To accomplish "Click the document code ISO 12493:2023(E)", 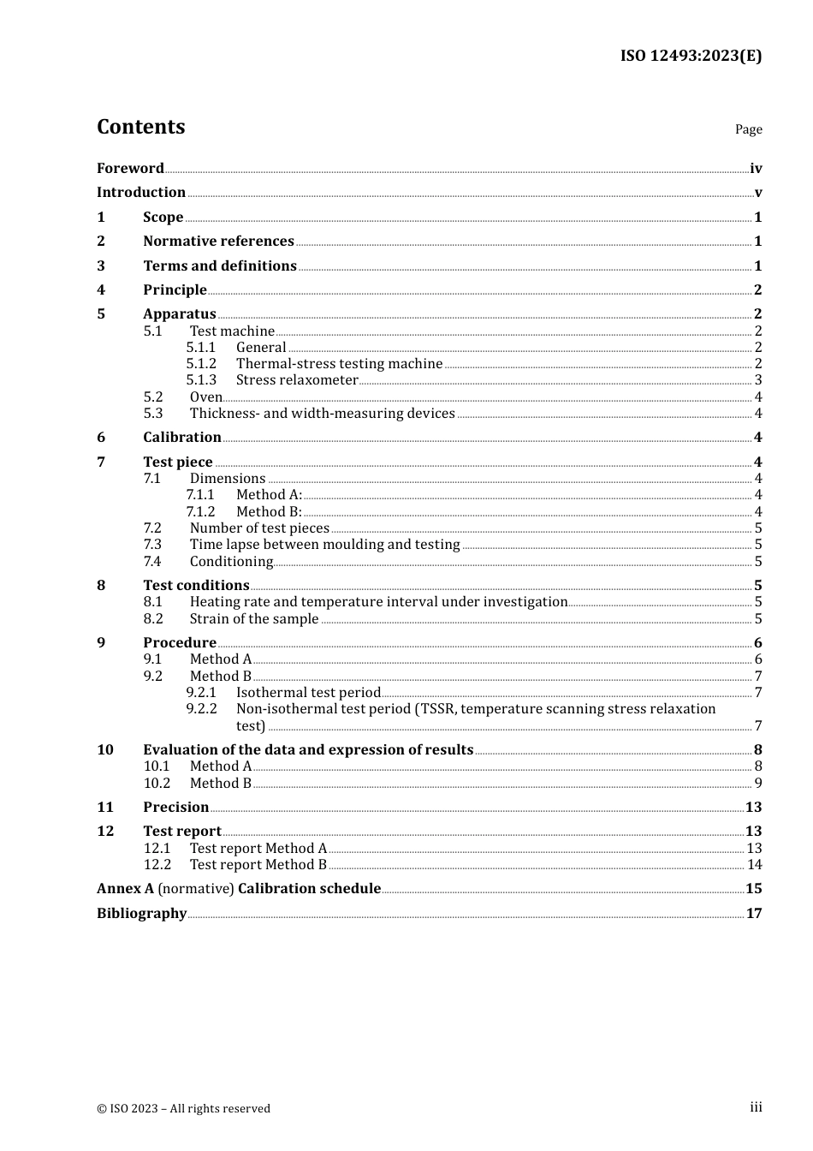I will (x=691, y=57).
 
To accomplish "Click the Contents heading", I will (x=140, y=127).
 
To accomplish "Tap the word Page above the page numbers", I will (x=748, y=129).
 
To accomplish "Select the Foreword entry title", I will (x=130, y=169).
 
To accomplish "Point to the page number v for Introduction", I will (x=757, y=193).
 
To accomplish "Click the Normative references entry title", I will (x=218, y=242).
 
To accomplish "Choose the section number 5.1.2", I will (x=201, y=364).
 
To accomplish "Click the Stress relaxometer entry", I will (x=297, y=380).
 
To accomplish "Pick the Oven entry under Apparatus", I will (x=205, y=397).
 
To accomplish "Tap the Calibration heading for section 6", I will (x=182, y=438).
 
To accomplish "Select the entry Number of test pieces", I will (x=259, y=528).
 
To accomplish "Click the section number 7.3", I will (x=152, y=545).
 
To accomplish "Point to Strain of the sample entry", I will (x=254, y=619).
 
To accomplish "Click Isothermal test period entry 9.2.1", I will (x=308, y=693).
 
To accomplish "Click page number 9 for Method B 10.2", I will (x=757, y=784).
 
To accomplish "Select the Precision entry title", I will (x=175, y=808).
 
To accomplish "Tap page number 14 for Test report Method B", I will (x=754, y=865).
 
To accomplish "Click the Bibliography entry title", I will (x=141, y=914).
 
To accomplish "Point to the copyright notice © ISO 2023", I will (x=183, y=1109).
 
